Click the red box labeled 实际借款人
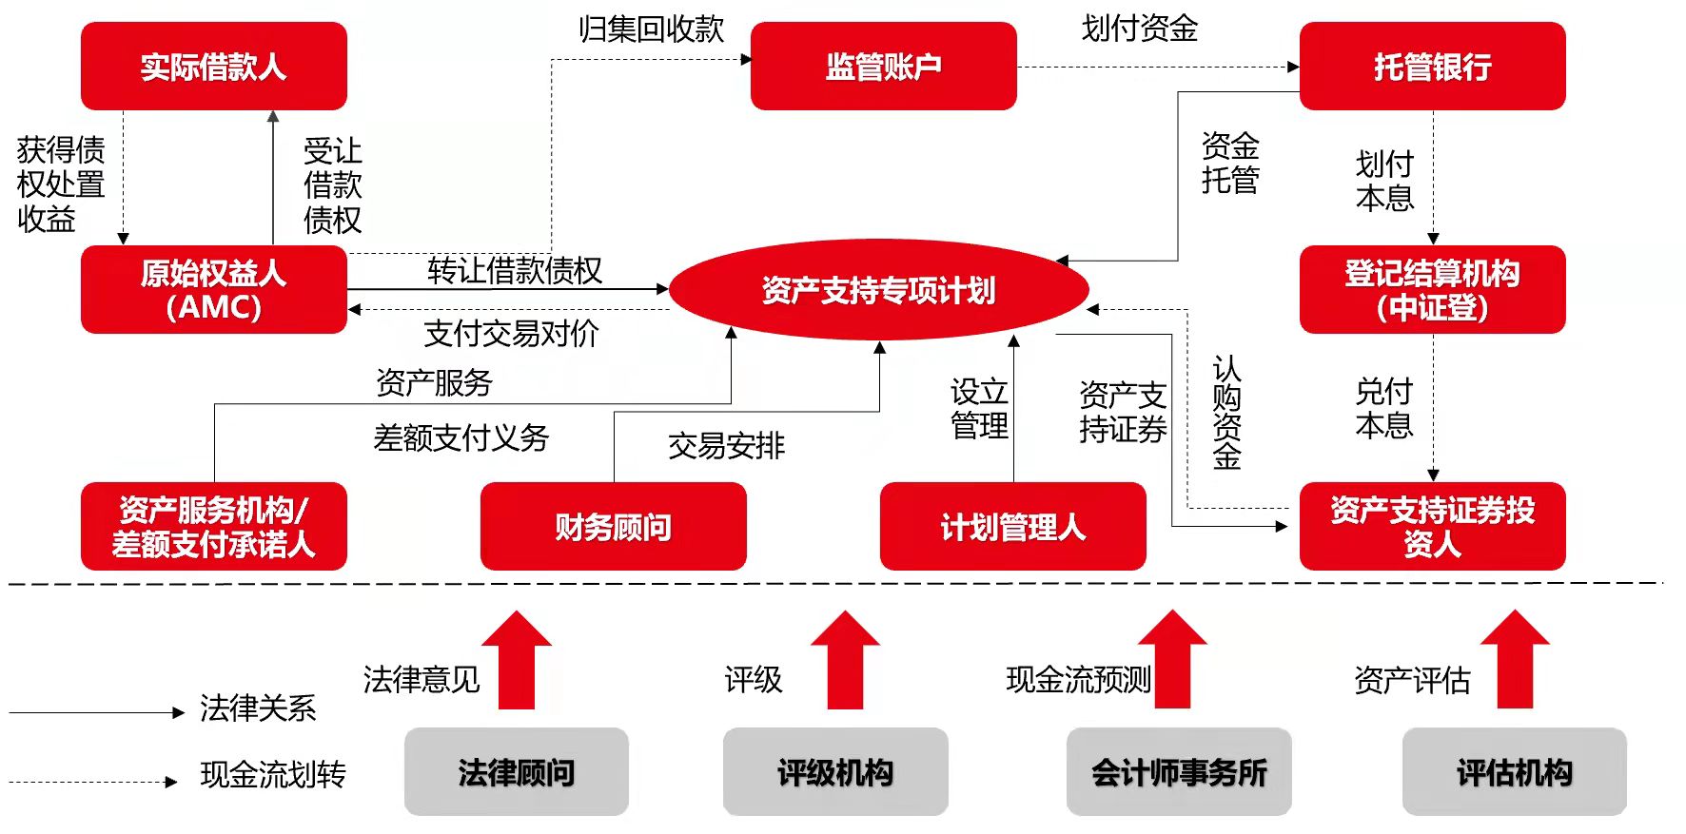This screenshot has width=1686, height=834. (x=213, y=67)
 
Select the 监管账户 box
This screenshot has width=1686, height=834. (x=883, y=67)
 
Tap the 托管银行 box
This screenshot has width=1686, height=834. (x=1432, y=67)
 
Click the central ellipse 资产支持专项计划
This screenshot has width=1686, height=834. (x=878, y=290)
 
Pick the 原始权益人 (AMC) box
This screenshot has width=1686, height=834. (x=213, y=290)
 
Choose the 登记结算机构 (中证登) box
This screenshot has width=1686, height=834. (x=1432, y=290)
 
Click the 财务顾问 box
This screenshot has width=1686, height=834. (x=613, y=526)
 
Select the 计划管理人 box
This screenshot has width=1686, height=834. (x=1012, y=526)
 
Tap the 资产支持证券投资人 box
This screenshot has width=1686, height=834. (x=1432, y=526)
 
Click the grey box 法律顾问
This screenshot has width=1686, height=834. (x=516, y=772)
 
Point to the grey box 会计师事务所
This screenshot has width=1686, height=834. (x=1178, y=772)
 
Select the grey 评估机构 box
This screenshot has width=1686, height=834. (x=1514, y=772)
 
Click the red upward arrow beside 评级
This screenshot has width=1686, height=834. (x=845, y=661)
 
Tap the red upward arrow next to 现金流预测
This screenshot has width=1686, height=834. (x=1172, y=661)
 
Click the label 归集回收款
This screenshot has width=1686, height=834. (x=652, y=29)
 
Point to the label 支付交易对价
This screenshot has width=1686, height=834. (x=511, y=334)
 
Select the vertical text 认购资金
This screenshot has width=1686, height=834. (x=1226, y=413)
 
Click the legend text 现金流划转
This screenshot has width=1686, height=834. (x=273, y=775)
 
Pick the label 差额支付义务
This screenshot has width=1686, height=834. (x=461, y=438)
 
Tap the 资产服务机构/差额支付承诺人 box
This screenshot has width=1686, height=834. (x=213, y=526)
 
